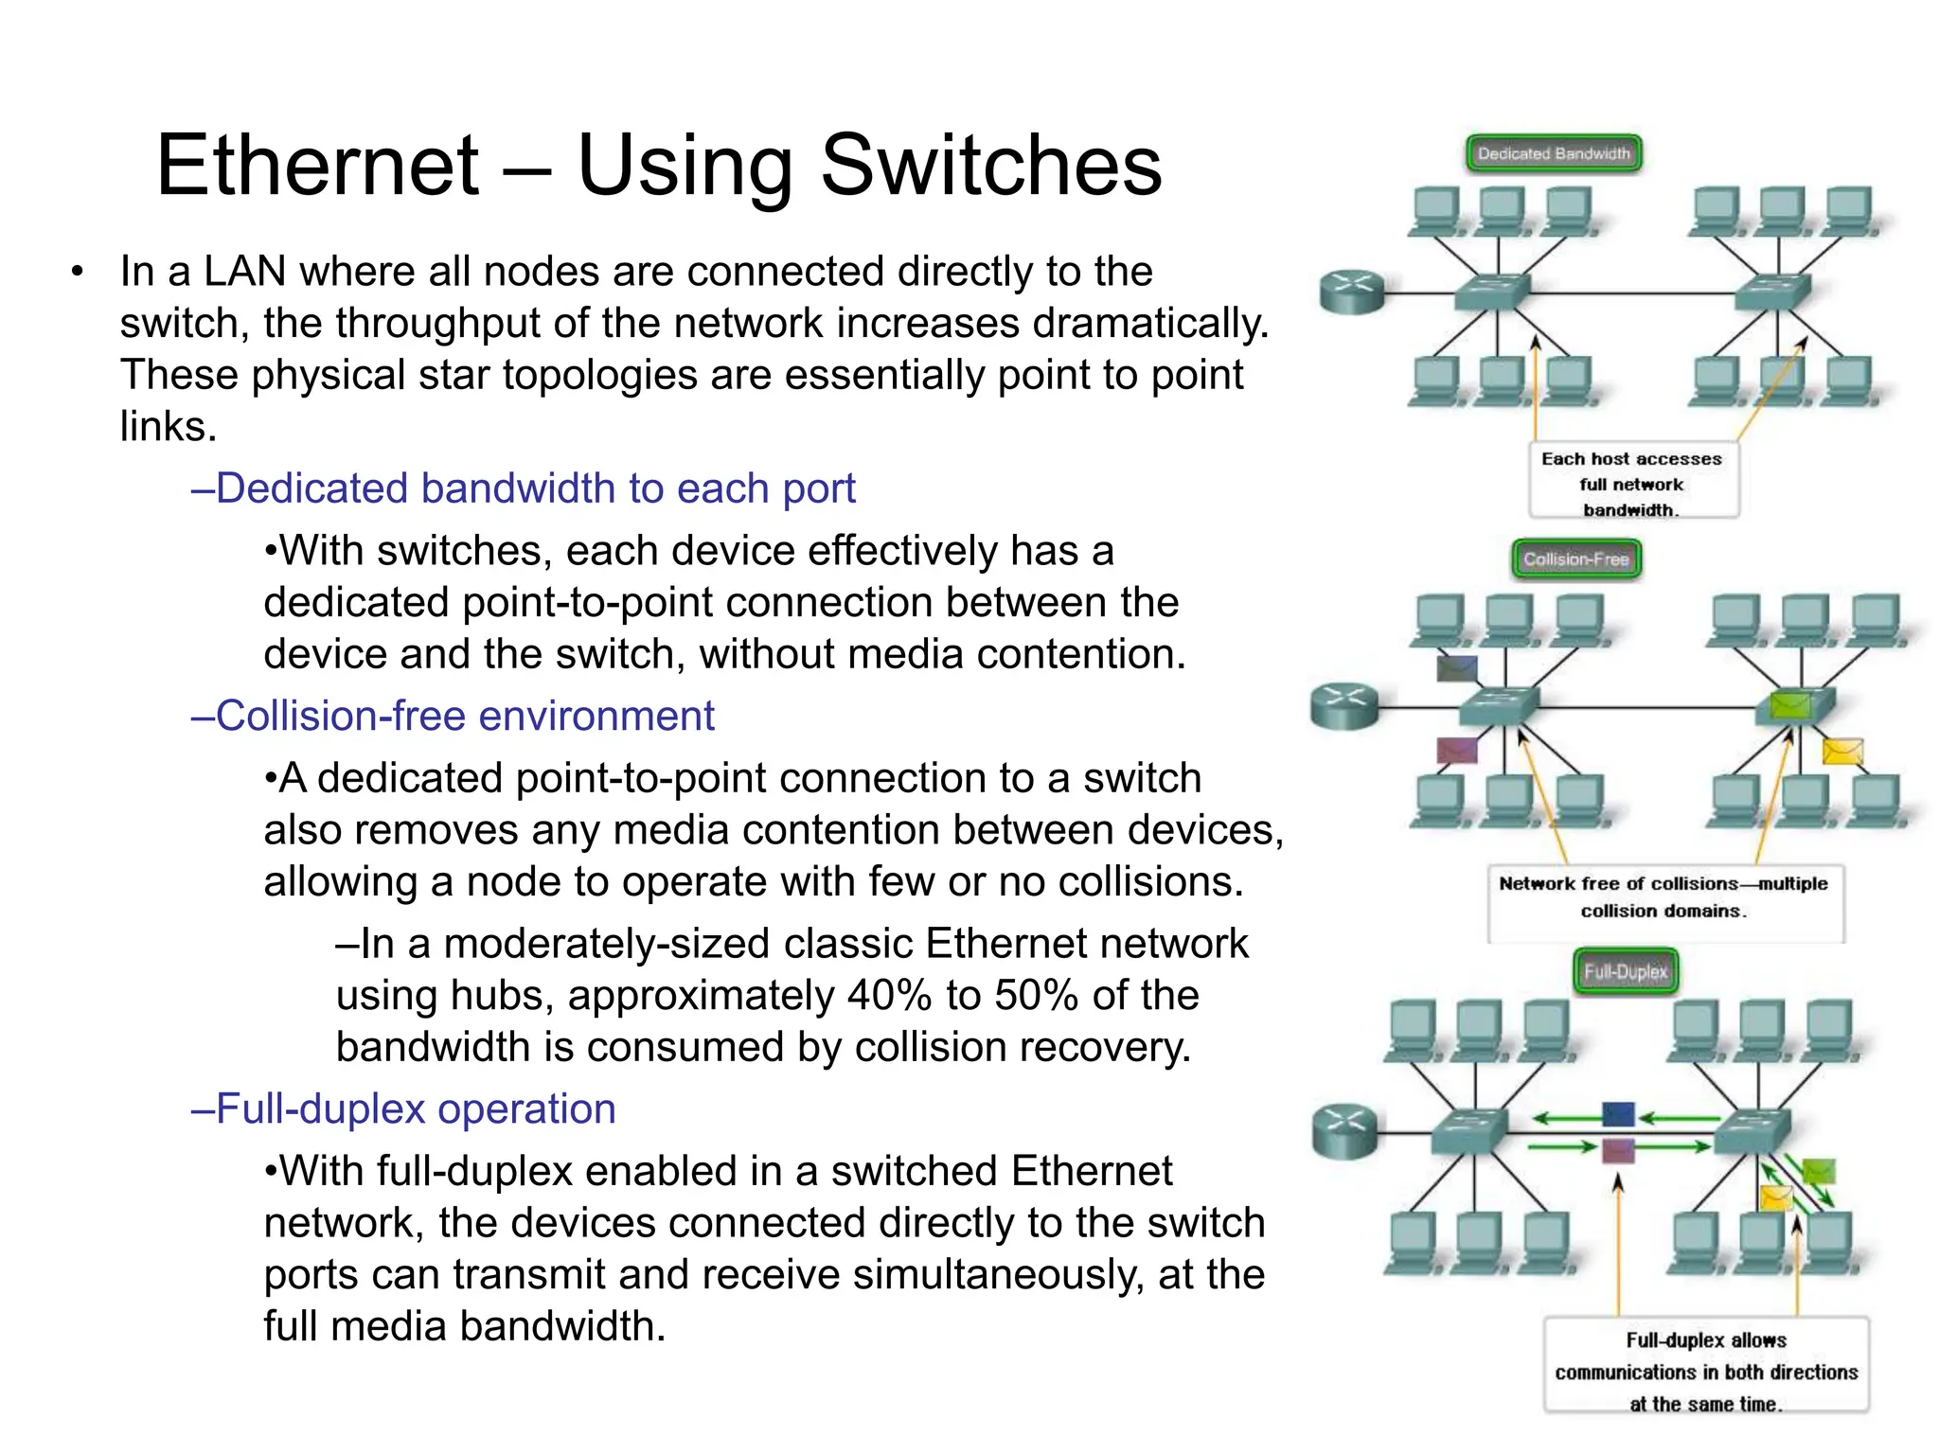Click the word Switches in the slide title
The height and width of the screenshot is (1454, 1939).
coord(990,167)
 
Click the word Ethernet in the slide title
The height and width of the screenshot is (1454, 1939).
coord(318,167)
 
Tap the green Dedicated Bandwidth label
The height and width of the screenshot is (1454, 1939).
coord(1554,153)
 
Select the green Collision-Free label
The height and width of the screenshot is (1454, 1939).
coord(1575,559)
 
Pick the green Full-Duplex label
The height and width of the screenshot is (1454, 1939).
coord(1626,971)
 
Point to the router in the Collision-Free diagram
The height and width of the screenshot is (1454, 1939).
coord(1344,705)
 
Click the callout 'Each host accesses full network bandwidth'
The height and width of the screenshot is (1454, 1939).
coord(1632,483)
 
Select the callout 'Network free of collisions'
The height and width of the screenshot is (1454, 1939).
coord(1663,897)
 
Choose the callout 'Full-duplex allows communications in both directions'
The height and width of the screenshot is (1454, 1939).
coord(1706,1370)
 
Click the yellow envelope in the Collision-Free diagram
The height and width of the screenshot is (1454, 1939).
coord(1841,752)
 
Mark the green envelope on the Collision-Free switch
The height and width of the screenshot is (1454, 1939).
coord(1788,705)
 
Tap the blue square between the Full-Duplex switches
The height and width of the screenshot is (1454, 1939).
coord(1618,1114)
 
